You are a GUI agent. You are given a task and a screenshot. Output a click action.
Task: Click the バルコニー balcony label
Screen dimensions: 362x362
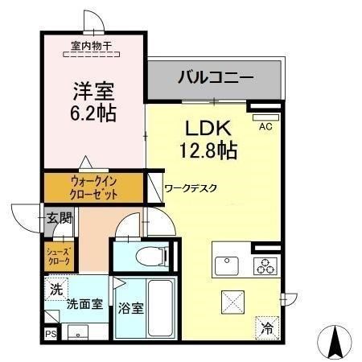pyautogui.click(x=216, y=77)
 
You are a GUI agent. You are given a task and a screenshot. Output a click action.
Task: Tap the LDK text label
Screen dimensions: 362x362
pyautogui.click(x=208, y=128)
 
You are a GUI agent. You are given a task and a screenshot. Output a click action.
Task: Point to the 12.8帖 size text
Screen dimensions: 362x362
pyautogui.click(x=208, y=150)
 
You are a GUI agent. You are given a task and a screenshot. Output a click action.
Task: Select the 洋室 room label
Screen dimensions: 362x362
pyautogui.click(x=93, y=91)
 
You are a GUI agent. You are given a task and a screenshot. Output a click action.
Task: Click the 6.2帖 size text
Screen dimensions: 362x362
pyautogui.click(x=93, y=113)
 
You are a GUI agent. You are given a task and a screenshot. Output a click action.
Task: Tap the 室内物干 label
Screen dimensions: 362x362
pyautogui.click(x=91, y=46)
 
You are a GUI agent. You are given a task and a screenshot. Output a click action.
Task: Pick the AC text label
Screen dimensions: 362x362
pyautogui.click(x=265, y=126)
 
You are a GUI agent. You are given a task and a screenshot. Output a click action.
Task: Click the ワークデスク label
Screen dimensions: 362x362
pyautogui.click(x=191, y=188)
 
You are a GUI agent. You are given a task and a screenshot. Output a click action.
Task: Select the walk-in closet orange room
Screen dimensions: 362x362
pyautogui.click(x=93, y=187)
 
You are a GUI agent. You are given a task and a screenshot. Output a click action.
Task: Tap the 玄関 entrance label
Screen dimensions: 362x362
pyautogui.click(x=59, y=218)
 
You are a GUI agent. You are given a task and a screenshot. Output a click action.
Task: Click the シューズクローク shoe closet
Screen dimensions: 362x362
pyautogui.click(x=59, y=257)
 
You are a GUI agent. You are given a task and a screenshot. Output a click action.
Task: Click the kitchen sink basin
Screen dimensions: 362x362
pyautogui.click(x=227, y=266)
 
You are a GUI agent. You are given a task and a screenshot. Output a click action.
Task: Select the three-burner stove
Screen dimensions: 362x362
pyautogui.click(x=265, y=266)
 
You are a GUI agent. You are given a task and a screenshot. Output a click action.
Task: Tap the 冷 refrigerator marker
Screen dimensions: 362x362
pyautogui.click(x=267, y=328)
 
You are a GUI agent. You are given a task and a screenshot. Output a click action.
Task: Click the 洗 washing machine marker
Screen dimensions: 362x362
pyautogui.click(x=56, y=289)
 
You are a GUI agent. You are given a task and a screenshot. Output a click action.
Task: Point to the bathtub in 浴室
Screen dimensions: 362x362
pyautogui.click(x=160, y=308)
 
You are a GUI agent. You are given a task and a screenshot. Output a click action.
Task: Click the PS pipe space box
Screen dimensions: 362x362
pyautogui.click(x=51, y=334)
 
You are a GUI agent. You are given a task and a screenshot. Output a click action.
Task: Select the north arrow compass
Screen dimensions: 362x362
pyautogui.click(x=335, y=342)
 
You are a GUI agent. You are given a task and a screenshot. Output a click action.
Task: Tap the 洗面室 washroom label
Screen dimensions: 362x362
pyautogui.click(x=84, y=304)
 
